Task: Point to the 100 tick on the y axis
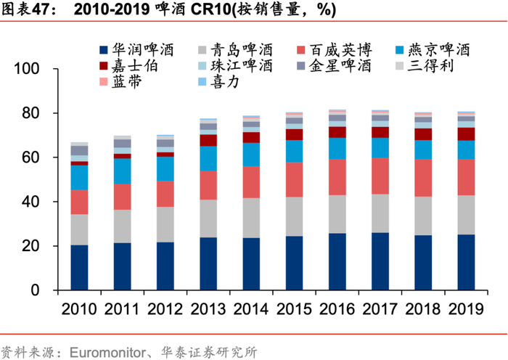point(37,69)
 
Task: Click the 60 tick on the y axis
point(41,157)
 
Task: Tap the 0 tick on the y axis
point(46,290)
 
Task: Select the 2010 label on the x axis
point(79,309)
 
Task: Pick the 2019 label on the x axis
point(465,309)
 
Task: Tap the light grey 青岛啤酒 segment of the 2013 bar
point(208,218)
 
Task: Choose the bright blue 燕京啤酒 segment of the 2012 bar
point(165,168)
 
